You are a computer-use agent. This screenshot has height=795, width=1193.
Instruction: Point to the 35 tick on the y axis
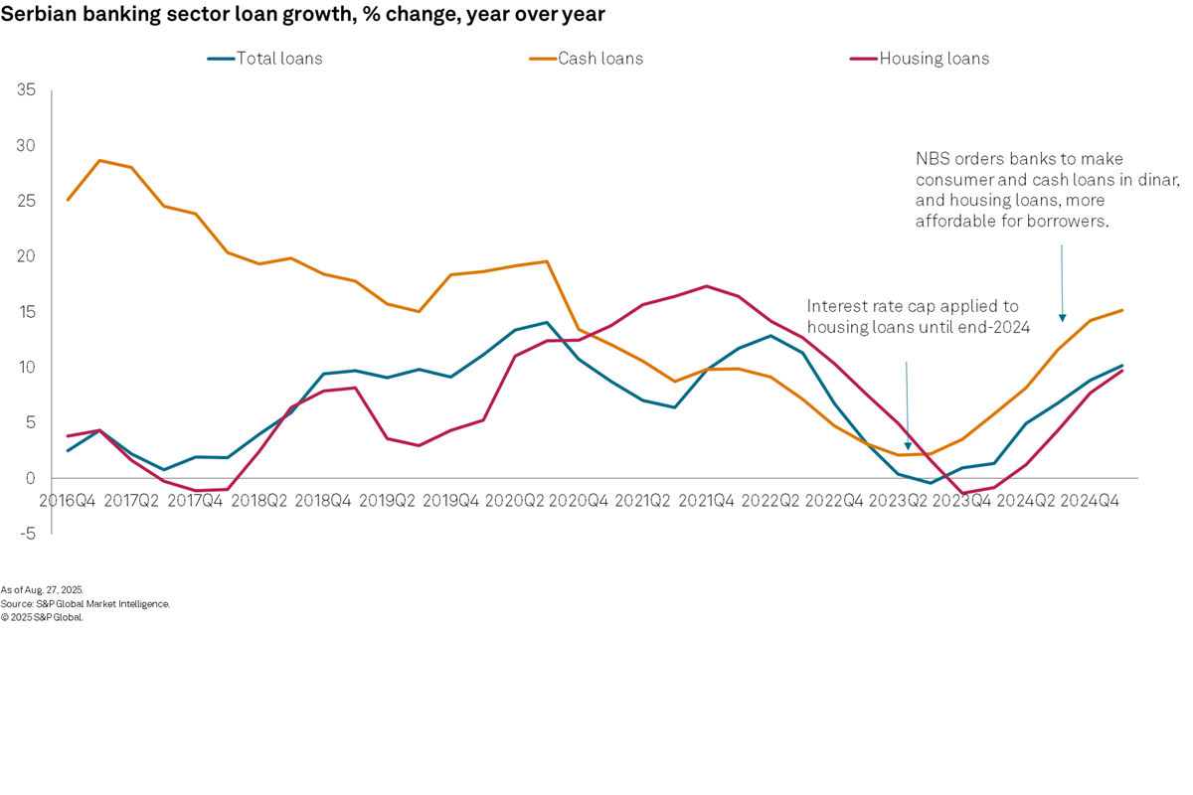point(26,90)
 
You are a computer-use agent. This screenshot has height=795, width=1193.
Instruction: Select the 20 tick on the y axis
point(26,256)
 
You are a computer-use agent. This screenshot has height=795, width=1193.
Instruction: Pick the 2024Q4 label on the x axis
point(1091,501)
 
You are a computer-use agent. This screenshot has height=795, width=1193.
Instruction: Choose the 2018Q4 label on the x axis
point(324,501)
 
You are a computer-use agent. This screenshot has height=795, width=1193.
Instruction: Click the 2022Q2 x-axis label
point(771,501)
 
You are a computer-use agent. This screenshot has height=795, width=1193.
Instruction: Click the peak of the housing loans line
point(706,286)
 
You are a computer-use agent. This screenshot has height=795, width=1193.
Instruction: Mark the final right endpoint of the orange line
point(1122,310)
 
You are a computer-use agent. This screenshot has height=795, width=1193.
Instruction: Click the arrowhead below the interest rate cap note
point(907,446)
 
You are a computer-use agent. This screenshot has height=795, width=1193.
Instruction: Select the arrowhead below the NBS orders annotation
point(1062,318)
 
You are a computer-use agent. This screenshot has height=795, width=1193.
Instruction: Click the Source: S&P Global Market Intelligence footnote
point(85,603)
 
